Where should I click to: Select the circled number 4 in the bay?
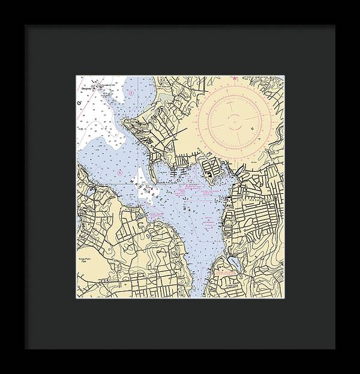click(120, 173)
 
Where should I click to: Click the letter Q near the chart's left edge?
click(79, 103)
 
